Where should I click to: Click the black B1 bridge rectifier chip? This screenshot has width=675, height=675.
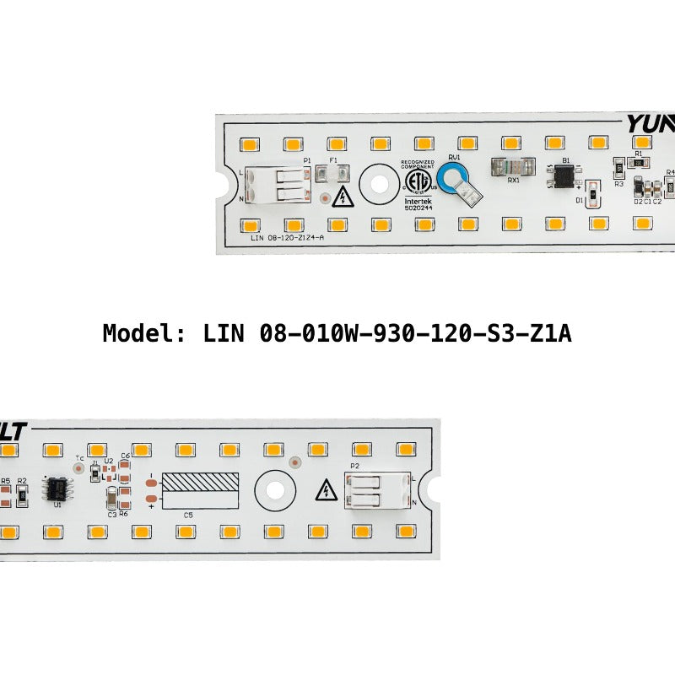tap(564, 176)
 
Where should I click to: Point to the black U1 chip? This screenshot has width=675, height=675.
tap(57, 489)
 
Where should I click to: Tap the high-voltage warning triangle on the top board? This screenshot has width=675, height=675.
tap(343, 198)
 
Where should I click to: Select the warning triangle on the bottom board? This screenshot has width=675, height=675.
tap(324, 491)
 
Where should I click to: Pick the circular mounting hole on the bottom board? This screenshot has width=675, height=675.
tap(274, 489)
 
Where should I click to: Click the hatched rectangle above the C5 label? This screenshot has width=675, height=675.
tap(200, 483)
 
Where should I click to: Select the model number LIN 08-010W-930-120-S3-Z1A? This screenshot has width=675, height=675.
tap(386, 333)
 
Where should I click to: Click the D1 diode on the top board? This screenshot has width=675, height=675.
tap(592, 195)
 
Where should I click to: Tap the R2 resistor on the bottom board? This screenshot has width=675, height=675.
tap(23, 493)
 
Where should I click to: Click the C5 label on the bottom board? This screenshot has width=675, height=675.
tap(187, 515)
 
